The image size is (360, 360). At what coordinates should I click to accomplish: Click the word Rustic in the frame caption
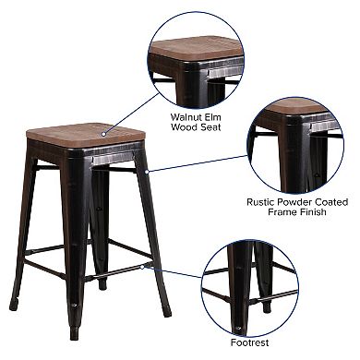262,200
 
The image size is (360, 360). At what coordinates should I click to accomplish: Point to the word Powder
300,200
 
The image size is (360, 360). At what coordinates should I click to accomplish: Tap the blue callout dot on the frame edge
146,172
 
